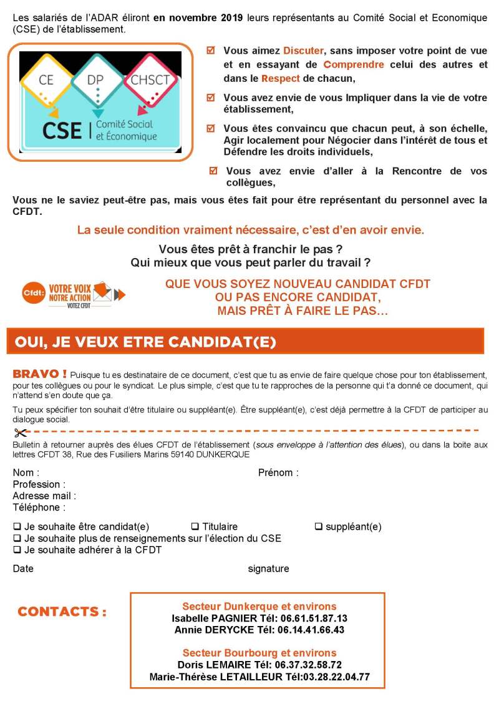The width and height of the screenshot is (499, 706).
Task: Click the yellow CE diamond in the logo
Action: click(46, 80)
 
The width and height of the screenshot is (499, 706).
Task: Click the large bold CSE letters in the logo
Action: click(62, 130)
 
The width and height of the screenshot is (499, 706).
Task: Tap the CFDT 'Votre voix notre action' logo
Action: click(74, 293)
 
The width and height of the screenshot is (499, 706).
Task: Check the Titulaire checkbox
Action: click(195, 526)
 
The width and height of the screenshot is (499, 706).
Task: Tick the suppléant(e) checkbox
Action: click(318, 526)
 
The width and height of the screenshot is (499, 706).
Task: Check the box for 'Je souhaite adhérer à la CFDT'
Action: click(17, 550)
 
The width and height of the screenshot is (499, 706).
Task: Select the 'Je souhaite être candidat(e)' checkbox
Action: click(17, 526)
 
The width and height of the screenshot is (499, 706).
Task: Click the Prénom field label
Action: click(278, 473)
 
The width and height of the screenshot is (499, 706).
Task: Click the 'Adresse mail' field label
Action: click(44, 496)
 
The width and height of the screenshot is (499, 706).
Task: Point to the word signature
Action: click(268, 569)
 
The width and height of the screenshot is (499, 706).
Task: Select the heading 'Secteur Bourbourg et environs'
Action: click(259, 653)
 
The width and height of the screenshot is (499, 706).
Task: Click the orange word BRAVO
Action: click(39, 374)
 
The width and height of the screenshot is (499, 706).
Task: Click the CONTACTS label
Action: click(62, 612)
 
